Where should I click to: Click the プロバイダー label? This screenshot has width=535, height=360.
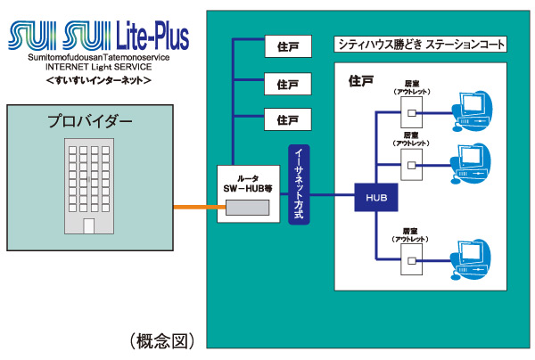point(89,121)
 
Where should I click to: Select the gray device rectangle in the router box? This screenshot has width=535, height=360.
point(247,208)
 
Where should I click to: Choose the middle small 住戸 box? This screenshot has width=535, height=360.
point(287,84)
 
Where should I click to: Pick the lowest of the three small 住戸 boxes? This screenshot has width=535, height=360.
point(287,119)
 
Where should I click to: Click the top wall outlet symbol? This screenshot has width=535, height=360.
point(411,110)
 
